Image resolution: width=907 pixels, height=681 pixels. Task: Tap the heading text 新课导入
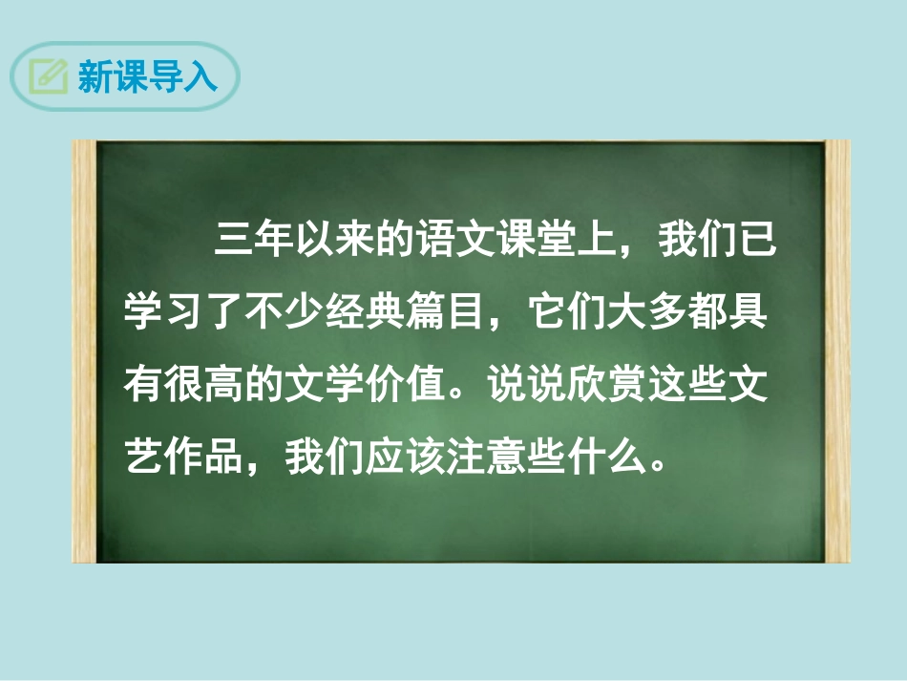pos(147,76)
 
